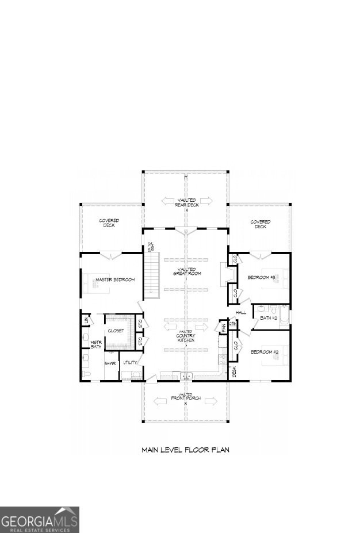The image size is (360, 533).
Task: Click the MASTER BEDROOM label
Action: [x=115, y=280]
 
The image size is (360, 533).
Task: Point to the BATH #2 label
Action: [x=269, y=318]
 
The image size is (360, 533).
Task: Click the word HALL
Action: [x=240, y=312]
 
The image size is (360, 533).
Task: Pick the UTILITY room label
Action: [x=130, y=363]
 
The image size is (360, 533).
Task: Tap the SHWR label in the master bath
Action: [x=110, y=363]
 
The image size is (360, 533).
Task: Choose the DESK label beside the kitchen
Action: [x=234, y=372]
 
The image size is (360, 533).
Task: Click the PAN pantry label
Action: [x=223, y=327]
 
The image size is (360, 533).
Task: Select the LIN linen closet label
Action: [x=87, y=319]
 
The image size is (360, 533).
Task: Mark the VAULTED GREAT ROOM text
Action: [x=185, y=271]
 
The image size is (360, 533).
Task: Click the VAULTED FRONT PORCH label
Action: [x=185, y=396]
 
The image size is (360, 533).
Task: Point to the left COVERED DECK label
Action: [x=109, y=223]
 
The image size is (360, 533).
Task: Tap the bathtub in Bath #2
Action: [x=284, y=317]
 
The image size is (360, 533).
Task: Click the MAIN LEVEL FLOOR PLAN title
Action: [x=185, y=450]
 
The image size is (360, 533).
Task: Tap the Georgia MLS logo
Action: [x=39, y=520]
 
